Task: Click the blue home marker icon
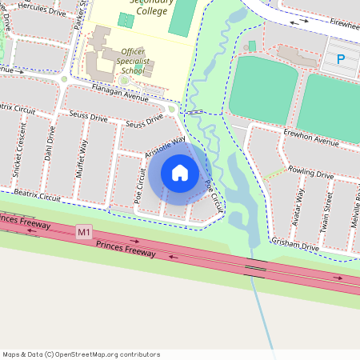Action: [x=180, y=173]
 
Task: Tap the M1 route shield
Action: [x=84, y=232]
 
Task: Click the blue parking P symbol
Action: [x=341, y=58]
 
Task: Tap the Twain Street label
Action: [x=326, y=210]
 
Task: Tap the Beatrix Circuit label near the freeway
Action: [x=38, y=196]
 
